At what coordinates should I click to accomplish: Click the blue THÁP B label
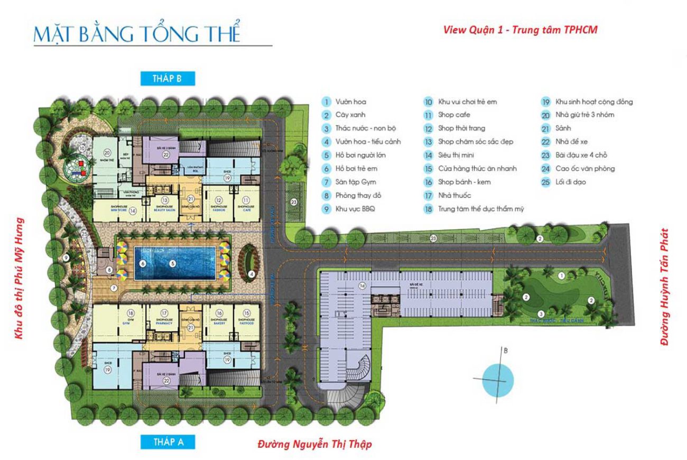[x=169, y=79]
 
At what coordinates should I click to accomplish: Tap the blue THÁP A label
[x=169, y=442]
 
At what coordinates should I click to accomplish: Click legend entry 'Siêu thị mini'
[x=458, y=155]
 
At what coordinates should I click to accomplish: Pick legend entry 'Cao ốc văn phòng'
[x=578, y=169]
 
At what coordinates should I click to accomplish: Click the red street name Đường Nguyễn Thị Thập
[x=314, y=444]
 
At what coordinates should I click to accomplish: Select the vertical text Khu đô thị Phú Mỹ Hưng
[x=21, y=284]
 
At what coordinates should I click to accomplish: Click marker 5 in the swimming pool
[x=172, y=263]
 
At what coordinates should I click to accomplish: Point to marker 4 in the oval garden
[x=252, y=273]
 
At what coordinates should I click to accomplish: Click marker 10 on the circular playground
[x=82, y=149]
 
